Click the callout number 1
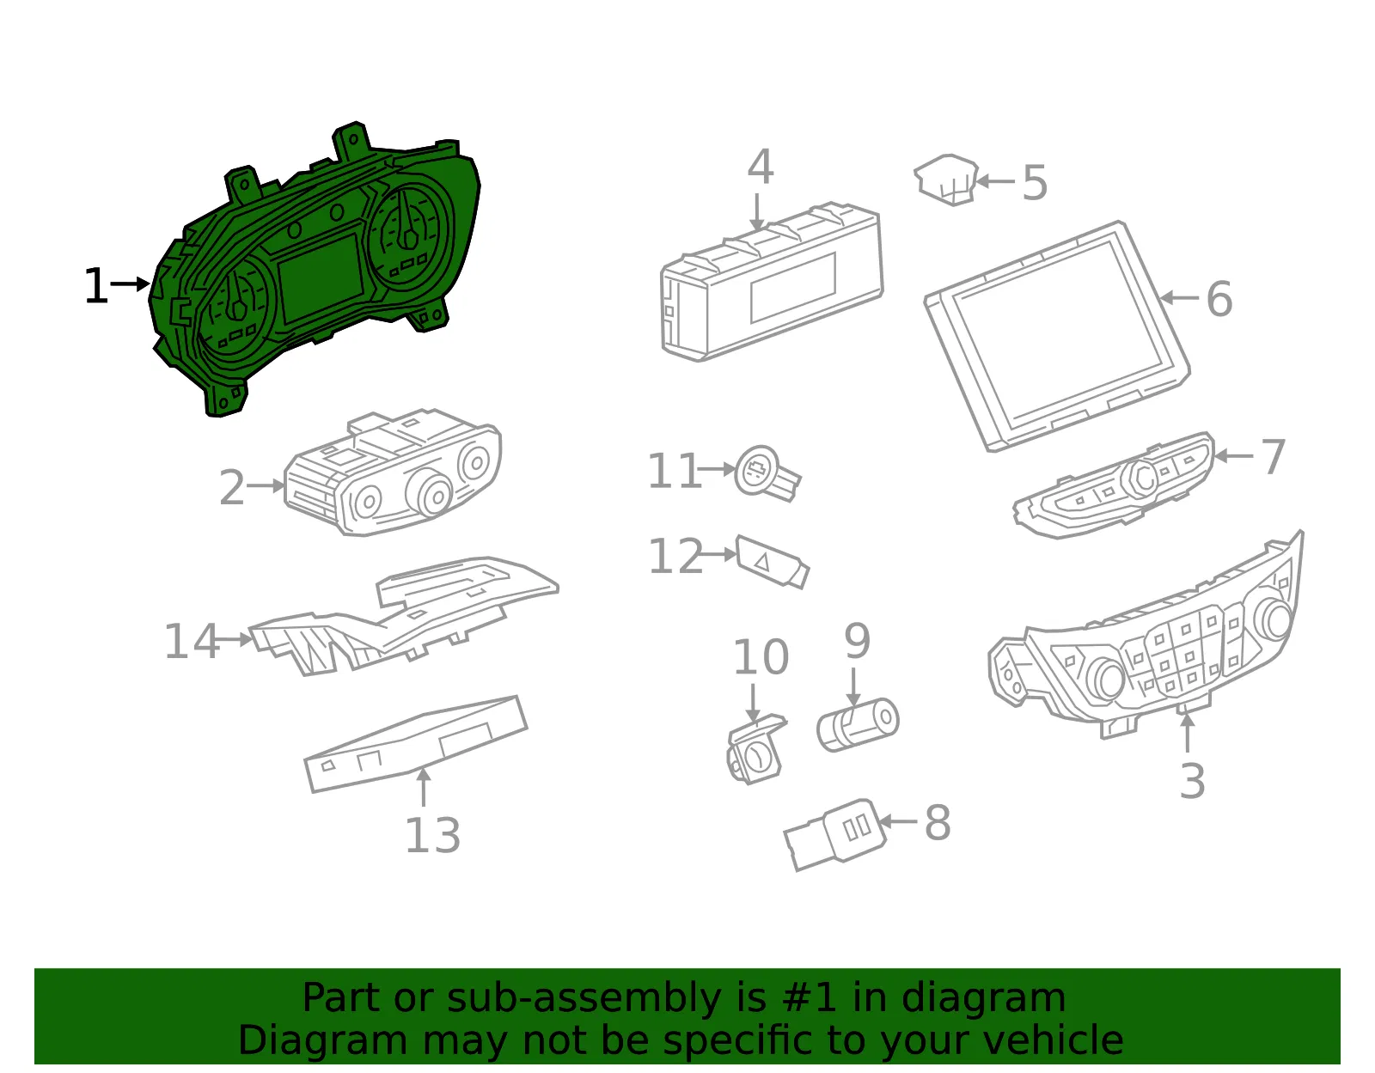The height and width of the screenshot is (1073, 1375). [x=95, y=286]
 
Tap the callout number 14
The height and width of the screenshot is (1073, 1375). [x=192, y=641]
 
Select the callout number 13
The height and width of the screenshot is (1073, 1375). [x=433, y=835]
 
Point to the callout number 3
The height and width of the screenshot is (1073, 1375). [x=1192, y=781]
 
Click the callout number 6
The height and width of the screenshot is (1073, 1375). [x=1219, y=298]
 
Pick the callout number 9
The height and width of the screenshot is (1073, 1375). [x=858, y=641]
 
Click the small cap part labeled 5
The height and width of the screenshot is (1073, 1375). [x=947, y=179]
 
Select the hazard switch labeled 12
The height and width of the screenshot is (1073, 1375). [x=772, y=562]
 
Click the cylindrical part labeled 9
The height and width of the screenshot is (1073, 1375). [x=858, y=724]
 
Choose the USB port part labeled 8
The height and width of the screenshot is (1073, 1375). [x=834, y=834]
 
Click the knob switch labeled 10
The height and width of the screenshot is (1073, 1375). [x=756, y=751]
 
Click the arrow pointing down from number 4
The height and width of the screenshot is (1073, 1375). [x=757, y=212]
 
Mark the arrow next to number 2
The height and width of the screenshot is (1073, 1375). [x=266, y=485]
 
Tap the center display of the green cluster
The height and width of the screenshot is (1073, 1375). [x=321, y=277]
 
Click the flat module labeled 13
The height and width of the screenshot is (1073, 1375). [x=416, y=744]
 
